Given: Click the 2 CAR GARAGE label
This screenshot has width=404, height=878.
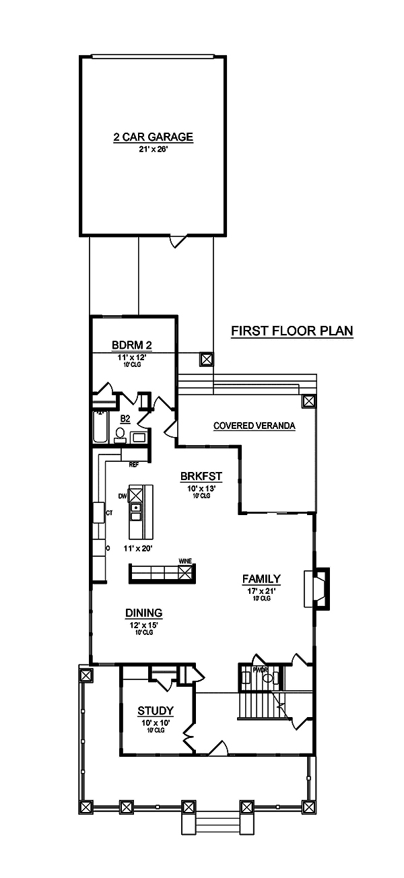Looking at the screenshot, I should [x=153, y=137].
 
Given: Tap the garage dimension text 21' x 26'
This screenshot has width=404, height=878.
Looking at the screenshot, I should [x=153, y=150].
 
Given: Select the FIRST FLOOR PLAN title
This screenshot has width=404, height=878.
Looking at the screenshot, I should [x=292, y=331].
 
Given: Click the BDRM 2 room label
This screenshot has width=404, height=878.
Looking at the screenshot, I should [x=131, y=346].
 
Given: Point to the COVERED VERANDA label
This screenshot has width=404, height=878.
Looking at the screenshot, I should [x=255, y=426].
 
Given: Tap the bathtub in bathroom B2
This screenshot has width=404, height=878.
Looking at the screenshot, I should [x=100, y=428].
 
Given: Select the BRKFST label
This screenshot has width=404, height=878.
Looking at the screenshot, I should [x=201, y=477].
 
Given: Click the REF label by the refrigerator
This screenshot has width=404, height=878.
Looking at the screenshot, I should [x=133, y=465].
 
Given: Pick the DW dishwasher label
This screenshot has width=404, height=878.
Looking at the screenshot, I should [x=122, y=496].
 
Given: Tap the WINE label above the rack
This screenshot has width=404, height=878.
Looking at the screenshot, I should [x=184, y=560].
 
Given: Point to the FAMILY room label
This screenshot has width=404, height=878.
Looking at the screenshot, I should [x=261, y=578].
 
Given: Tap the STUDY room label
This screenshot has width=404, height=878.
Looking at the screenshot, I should [x=156, y=710].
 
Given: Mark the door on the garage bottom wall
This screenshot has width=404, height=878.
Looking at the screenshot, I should [x=176, y=240].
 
